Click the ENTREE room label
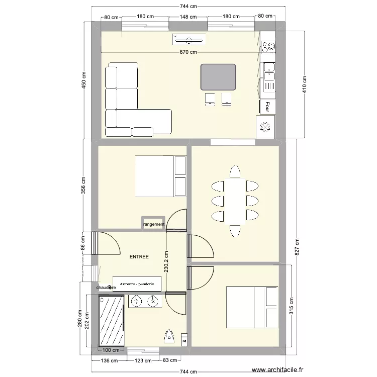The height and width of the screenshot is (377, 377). pyautogui.click(x=139, y=257)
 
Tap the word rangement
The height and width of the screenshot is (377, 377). pyautogui.click(x=154, y=224)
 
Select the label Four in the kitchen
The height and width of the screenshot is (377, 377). pyautogui.click(x=267, y=107)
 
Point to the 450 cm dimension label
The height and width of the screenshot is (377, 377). pyautogui.click(x=84, y=79)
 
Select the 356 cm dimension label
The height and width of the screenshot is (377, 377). pyautogui.click(x=84, y=184)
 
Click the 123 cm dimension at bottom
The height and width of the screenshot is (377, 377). pyautogui.click(x=144, y=360)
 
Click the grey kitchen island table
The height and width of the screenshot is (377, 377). pyautogui.click(x=218, y=77)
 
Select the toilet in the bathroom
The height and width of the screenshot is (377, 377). pyautogui.click(x=169, y=335)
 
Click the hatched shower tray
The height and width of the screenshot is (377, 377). pyautogui.click(x=112, y=321)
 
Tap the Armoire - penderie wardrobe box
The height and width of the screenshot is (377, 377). pyautogui.click(x=137, y=284)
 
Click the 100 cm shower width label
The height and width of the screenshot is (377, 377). pyautogui.click(x=111, y=350)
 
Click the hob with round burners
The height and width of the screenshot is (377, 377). pyautogui.click(x=268, y=46)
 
